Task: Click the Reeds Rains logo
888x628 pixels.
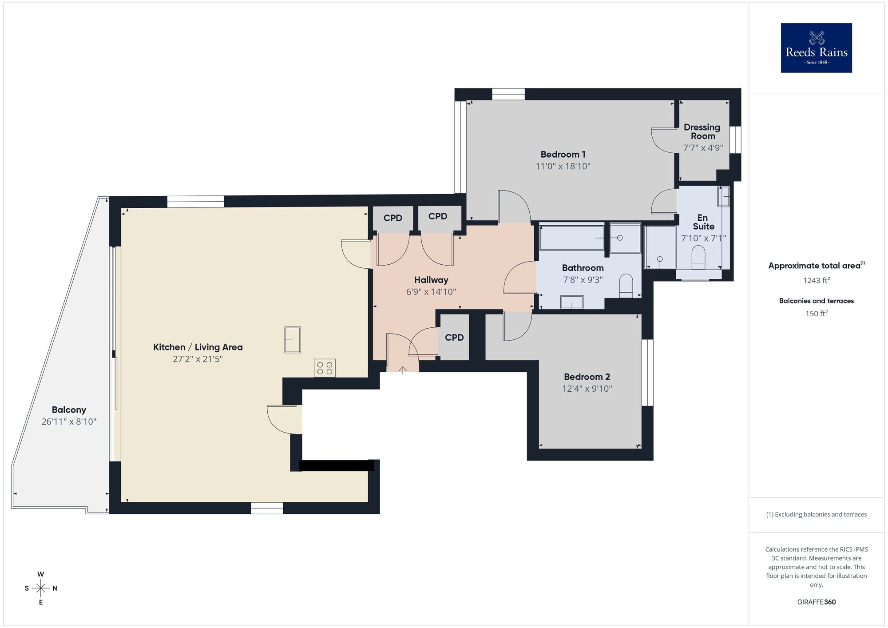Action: [816, 48]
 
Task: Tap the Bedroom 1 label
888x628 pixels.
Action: [563, 155]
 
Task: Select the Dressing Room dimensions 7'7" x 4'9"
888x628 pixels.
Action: [703, 148]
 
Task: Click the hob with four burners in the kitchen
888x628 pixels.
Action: [325, 368]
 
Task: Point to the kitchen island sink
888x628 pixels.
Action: [293, 340]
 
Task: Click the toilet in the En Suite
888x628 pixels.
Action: [698, 258]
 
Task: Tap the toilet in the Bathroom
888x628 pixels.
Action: [626, 286]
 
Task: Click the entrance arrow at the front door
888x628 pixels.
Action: [403, 370]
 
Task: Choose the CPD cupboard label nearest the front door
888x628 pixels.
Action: [454, 338]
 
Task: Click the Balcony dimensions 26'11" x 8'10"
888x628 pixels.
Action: [69, 421]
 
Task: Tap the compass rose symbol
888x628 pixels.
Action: [41, 588]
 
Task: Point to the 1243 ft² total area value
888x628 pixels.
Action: [816, 280]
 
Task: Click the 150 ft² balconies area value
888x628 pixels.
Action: [816, 314]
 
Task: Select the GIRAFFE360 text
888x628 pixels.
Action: [816, 602]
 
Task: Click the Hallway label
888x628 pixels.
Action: [431, 280]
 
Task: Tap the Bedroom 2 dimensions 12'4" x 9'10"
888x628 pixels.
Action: [587, 389]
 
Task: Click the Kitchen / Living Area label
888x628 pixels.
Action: [198, 347]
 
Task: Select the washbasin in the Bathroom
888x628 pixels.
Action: [571, 302]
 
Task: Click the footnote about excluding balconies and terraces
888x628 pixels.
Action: [816, 514]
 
